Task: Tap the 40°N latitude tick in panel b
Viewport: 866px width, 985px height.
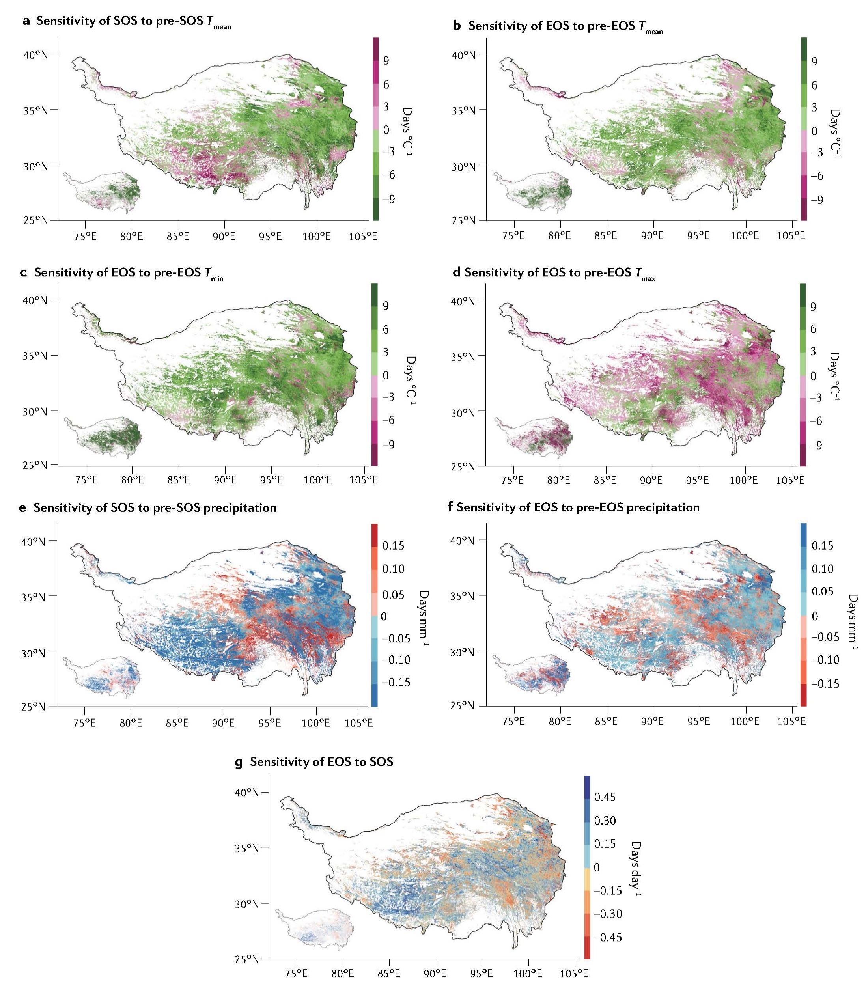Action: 465,54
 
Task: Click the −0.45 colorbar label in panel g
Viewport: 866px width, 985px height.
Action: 607,937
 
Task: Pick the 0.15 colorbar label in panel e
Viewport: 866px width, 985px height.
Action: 393,545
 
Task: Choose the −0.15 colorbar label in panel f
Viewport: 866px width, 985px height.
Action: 825,683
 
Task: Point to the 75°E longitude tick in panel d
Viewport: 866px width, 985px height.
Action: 513,480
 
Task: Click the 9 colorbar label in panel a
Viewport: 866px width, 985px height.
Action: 386,61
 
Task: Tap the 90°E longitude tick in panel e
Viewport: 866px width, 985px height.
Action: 224,723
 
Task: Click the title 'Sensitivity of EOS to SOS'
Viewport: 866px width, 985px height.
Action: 321,761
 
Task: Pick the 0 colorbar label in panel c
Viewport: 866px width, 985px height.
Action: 386,375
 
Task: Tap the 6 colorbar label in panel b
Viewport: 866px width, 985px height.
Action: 814,85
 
